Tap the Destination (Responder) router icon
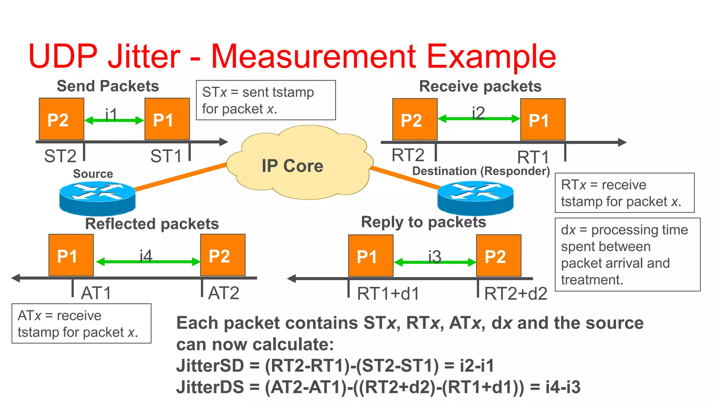tap(475, 198)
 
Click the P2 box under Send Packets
tap(61, 119)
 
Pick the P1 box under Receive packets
tap(542, 119)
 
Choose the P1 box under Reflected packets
tap(71, 255)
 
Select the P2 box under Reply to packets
tap(499, 256)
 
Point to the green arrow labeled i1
tap(114, 121)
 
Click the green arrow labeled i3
tap(435, 262)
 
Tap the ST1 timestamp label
tap(166, 156)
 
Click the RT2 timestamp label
tap(408, 155)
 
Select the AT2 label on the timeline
tap(223, 293)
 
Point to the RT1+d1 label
tap(388, 294)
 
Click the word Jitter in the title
tap(144, 56)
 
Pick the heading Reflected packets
tap(152, 224)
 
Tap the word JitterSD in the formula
tap(210, 366)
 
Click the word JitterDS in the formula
tap(210, 387)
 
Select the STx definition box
tap(266, 100)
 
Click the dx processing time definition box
tap(627, 254)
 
